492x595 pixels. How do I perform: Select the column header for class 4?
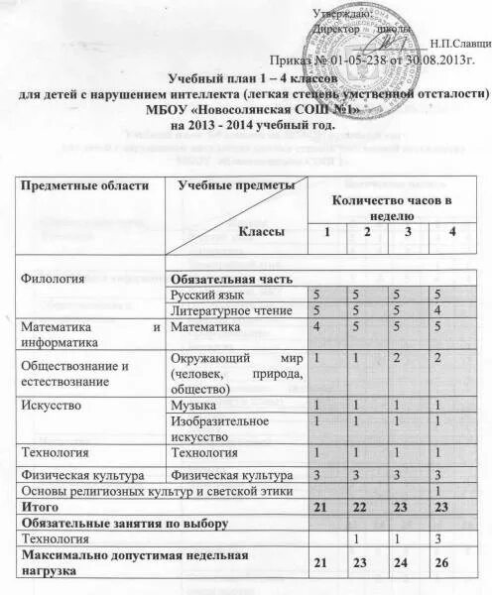[x=452, y=232]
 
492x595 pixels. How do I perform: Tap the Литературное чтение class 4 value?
[x=436, y=311]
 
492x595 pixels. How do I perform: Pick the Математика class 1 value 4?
[x=316, y=327]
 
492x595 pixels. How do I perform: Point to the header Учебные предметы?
[x=236, y=185]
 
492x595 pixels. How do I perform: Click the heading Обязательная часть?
[x=230, y=280]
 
